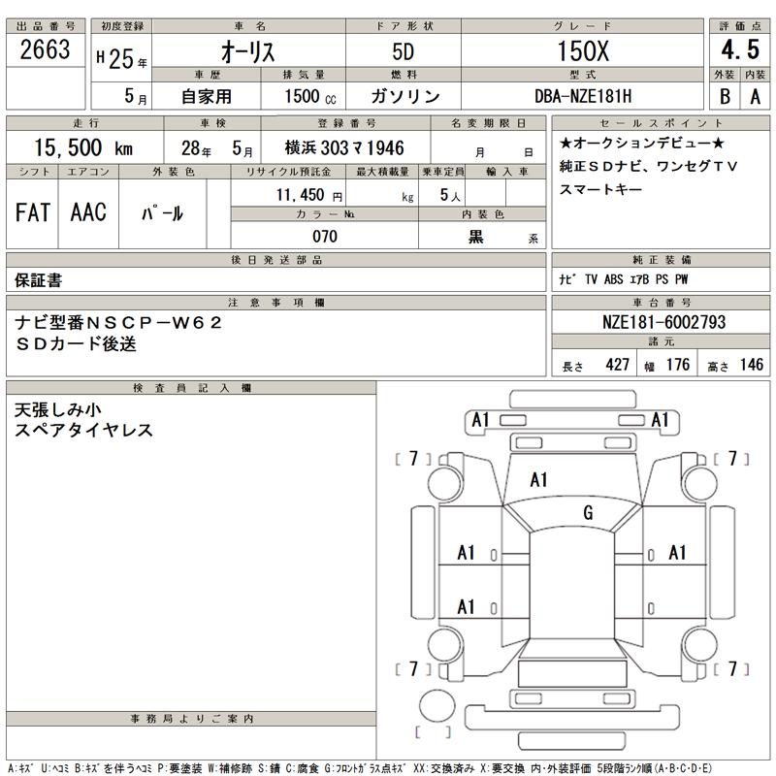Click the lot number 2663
[46, 51]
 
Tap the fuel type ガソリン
[405, 97]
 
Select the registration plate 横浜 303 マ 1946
[343, 149]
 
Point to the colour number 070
[324, 237]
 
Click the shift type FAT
[33, 213]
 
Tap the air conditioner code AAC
[88, 213]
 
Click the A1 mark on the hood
[539, 479]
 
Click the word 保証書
[40, 280]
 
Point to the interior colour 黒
[475, 237]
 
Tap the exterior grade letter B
[723, 97]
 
